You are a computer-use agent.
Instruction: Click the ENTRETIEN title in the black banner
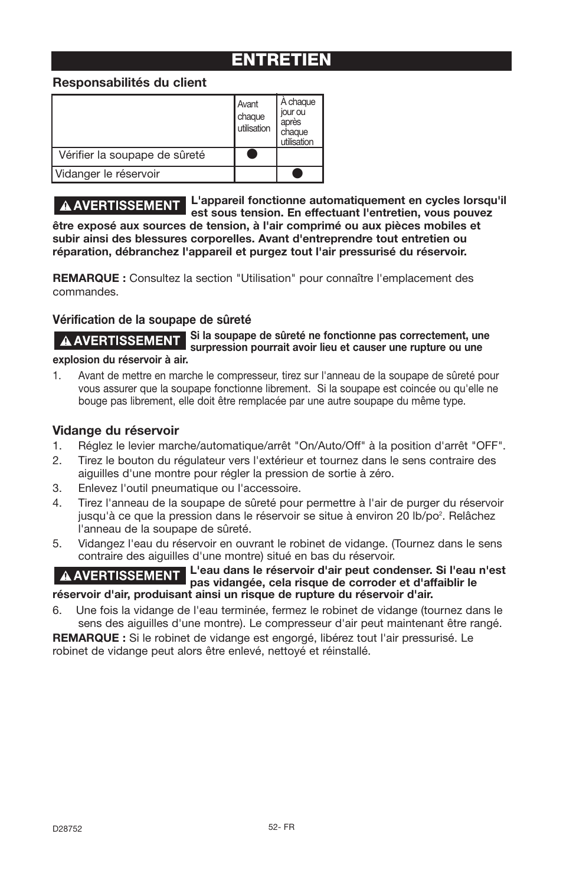(x=281, y=60)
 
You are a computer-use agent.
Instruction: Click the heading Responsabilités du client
(x=130, y=83)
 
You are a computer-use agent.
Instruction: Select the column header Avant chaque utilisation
(x=254, y=116)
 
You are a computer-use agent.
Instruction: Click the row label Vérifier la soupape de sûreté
(x=132, y=155)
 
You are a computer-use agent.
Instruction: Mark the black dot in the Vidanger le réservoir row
(x=298, y=173)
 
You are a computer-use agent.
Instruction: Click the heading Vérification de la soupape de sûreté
(x=152, y=320)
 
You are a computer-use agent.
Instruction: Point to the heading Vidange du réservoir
(x=116, y=431)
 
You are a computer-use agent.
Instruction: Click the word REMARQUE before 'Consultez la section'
(x=89, y=278)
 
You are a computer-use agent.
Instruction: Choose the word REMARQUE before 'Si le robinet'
(x=89, y=638)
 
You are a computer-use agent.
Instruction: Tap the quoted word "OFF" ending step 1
(x=488, y=446)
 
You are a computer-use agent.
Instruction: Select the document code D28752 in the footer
(x=67, y=829)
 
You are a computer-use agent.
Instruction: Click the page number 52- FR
(x=281, y=828)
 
